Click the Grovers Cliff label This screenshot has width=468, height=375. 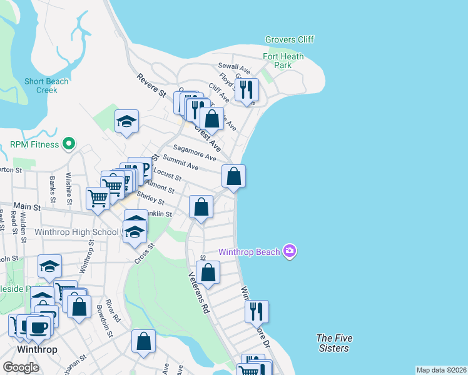click(289, 40)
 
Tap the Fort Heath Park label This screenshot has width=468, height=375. click(283, 61)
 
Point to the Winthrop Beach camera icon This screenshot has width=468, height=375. click(289, 252)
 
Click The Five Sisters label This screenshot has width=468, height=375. click(334, 343)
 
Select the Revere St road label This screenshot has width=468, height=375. click(151, 85)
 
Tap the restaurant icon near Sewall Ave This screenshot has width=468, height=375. click(247, 89)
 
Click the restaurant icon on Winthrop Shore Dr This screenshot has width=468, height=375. click(257, 311)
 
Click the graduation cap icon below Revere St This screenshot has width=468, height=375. click(126, 121)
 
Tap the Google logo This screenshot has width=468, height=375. click(21, 367)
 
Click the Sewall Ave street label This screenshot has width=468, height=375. click(234, 66)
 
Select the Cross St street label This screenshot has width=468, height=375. click(143, 254)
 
